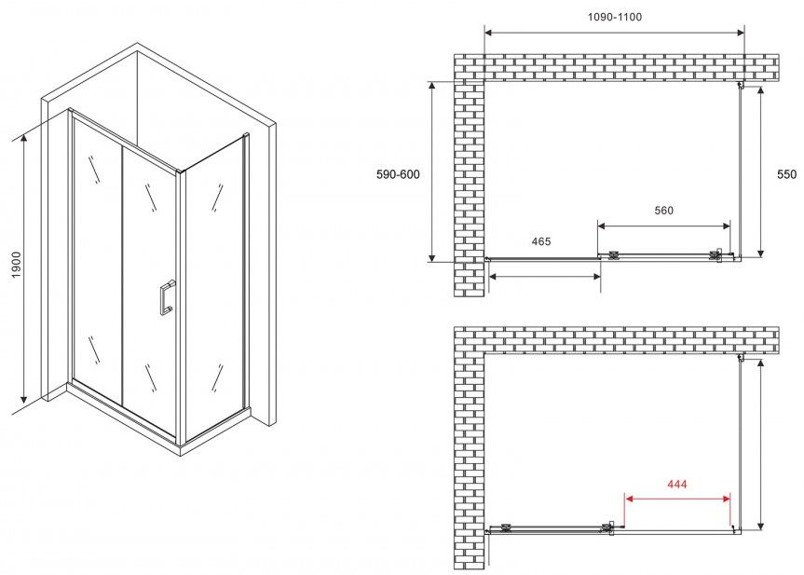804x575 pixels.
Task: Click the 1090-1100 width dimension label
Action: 614,17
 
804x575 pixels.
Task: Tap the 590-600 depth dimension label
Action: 398,174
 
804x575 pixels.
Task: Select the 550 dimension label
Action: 786,174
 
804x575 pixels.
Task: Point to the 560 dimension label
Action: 663,211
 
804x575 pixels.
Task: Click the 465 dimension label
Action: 541,241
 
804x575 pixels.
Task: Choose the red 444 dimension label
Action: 677,484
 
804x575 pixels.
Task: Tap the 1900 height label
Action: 17,266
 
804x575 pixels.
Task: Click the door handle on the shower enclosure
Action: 167,297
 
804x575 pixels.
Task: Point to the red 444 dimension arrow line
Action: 677,498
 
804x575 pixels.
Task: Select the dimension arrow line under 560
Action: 664,226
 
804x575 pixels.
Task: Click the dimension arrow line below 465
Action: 545,277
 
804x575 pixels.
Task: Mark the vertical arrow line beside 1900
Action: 23,268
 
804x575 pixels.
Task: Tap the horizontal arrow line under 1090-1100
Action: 614,33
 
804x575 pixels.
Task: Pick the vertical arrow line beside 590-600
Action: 432,171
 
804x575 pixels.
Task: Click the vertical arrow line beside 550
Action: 760,171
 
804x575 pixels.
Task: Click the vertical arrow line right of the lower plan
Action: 760,444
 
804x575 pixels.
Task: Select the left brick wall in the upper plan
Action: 470,189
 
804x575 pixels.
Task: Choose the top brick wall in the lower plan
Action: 617,339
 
